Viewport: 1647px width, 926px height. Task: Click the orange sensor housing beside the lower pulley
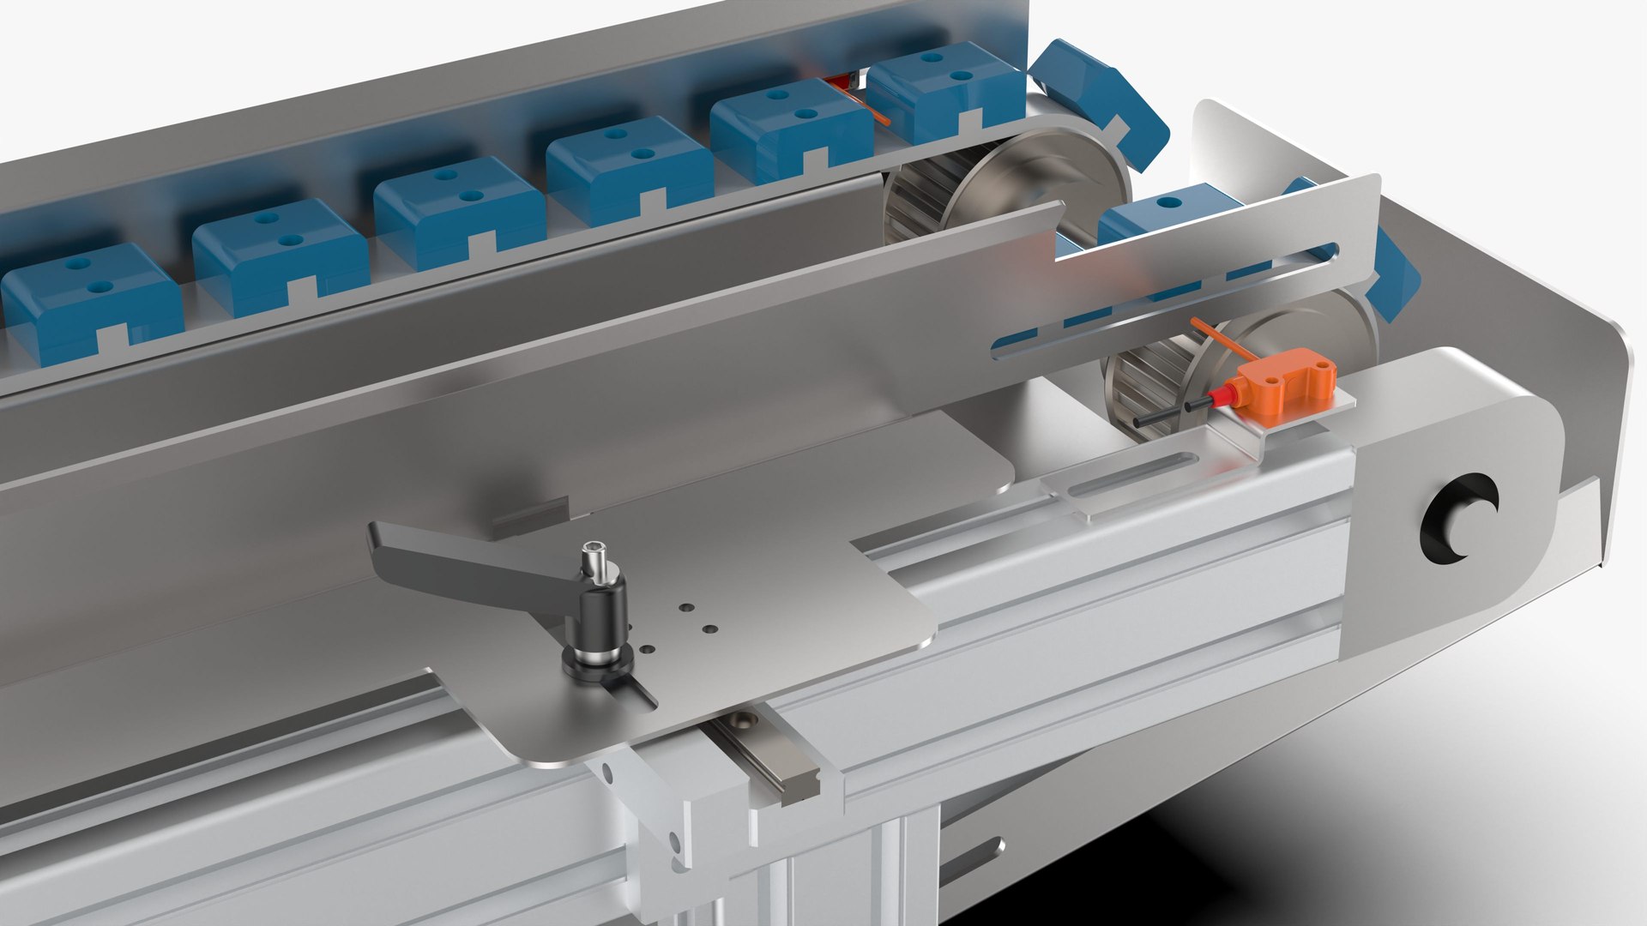point(1283,376)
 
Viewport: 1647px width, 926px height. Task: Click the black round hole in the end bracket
point(1458,519)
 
